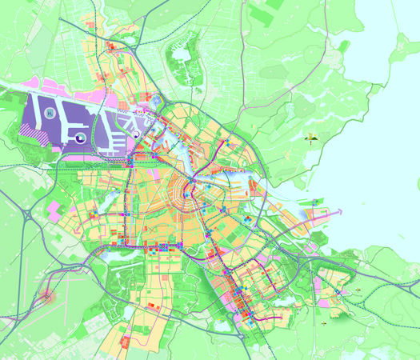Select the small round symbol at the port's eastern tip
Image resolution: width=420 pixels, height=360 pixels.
[x=136, y=135]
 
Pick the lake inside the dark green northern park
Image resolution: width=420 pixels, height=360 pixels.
[x=182, y=55]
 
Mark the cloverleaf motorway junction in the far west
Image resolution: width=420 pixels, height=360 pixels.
[x=33, y=217]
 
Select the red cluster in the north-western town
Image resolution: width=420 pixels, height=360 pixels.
[x=111, y=50]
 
